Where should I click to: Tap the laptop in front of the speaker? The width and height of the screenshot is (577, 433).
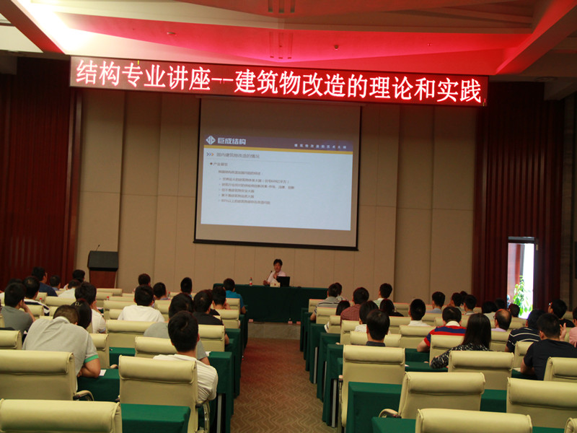(283, 281)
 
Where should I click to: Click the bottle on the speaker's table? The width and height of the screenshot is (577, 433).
(250, 281)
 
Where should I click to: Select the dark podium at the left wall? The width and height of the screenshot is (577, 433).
(102, 267)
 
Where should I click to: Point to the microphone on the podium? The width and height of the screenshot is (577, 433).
(97, 248)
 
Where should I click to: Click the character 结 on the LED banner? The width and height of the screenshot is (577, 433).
(87, 72)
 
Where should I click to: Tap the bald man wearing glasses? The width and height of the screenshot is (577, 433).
(502, 320)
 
